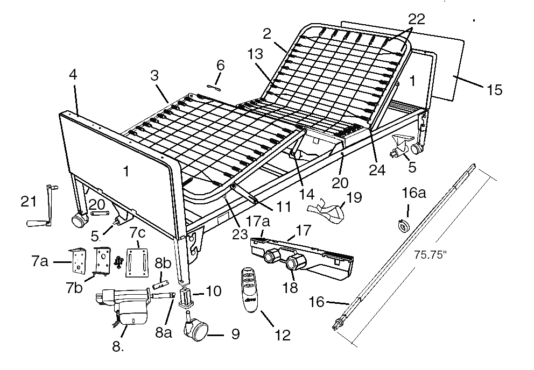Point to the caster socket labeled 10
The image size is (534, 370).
(186, 297)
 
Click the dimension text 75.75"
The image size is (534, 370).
(430, 255)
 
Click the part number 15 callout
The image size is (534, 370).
(495, 90)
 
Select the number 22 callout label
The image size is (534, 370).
(417, 19)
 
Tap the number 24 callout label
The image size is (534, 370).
(377, 170)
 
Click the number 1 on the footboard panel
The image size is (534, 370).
(127, 172)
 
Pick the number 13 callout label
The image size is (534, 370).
(255, 54)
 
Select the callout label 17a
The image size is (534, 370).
(258, 222)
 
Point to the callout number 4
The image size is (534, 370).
(73, 74)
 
